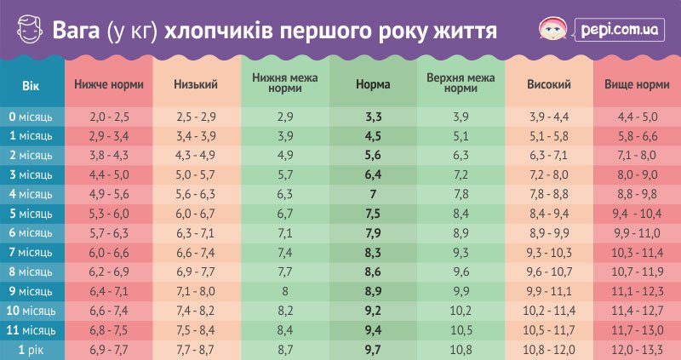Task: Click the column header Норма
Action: pyautogui.click(x=373, y=85)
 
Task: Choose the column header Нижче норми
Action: pyautogui.click(x=108, y=85)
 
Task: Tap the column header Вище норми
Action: pyautogui.click(x=635, y=85)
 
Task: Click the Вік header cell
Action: pyautogui.click(x=31, y=85)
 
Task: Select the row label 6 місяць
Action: pyautogui.click(x=31, y=232)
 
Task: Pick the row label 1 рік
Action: pyautogui.click(x=31, y=350)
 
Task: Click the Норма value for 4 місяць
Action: pyautogui.click(x=373, y=193)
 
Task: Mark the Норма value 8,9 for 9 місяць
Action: pyautogui.click(x=373, y=291)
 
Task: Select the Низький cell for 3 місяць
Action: pyautogui.click(x=196, y=174)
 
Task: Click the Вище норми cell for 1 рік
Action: pyautogui.click(x=635, y=350)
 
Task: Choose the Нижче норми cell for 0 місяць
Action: pyautogui.click(x=108, y=115)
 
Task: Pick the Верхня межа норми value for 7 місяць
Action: pyautogui.click(x=461, y=252)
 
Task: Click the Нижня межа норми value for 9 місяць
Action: pyautogui.click(x=285, y=291)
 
